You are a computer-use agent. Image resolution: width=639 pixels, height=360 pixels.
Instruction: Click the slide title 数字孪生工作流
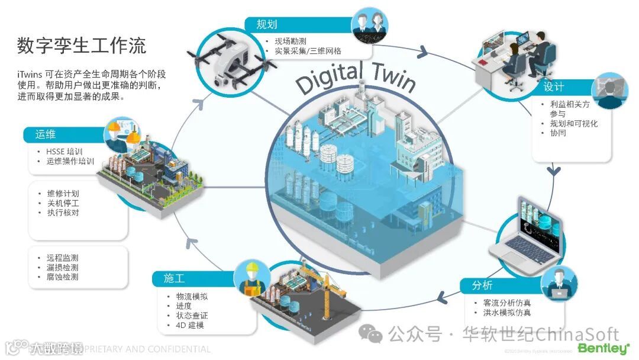pyautogui.click(x=82, y=45)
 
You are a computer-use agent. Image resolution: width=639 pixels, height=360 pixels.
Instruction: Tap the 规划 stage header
pyautogui.click(x=267, y=25)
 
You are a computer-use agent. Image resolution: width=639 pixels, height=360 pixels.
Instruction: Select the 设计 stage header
pyautogui.click(x=554, y=86)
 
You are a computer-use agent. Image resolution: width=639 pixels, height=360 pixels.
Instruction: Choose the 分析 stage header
pyautogui.click(x=482, y=286)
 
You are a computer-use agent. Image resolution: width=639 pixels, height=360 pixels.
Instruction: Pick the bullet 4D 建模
pyautogui.click(x=190, y=326)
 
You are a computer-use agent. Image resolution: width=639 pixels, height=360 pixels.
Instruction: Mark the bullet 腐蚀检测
pyautogui.click(x=62, y=277)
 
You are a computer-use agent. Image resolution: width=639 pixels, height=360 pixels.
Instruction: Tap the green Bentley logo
pyautogui.click(x=603, y=348)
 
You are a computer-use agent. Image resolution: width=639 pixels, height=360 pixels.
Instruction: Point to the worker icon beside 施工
pyautogui.click(x=251, y=278)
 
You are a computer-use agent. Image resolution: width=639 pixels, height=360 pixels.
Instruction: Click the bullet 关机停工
pyautogui.click(x=62, y=203)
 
